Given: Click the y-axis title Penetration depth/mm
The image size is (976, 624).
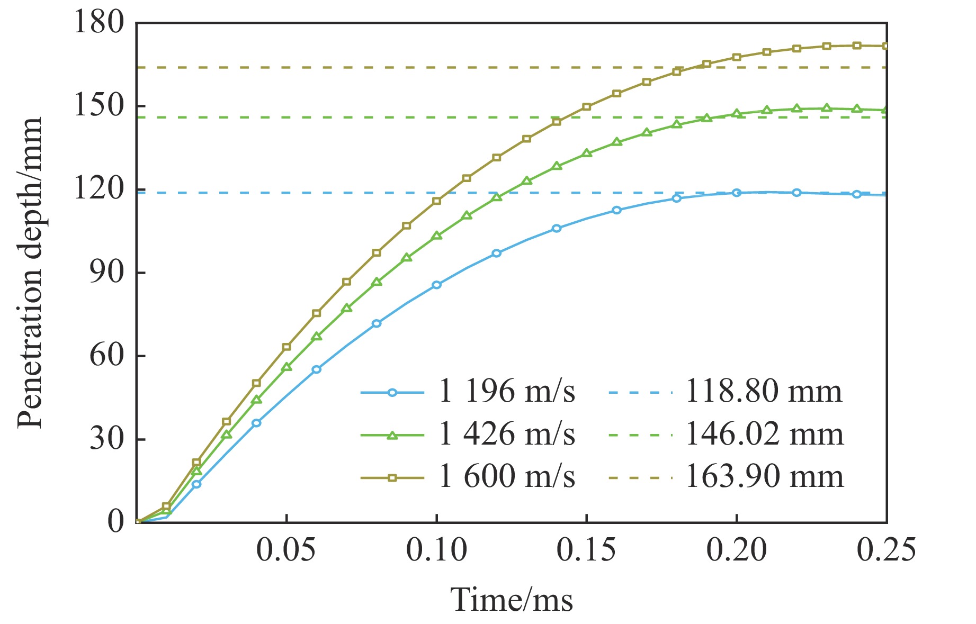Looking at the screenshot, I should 30,273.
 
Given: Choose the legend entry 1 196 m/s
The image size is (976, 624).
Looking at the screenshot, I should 506,392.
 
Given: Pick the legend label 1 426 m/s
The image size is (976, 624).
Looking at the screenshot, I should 506,435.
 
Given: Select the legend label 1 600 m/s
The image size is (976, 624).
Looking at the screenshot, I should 506,476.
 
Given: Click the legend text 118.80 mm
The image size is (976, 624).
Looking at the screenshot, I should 763,392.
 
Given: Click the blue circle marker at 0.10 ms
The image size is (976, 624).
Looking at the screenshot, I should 436,285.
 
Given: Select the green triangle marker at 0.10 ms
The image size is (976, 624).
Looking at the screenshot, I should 436,236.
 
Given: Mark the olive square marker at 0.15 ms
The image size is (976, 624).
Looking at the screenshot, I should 586,107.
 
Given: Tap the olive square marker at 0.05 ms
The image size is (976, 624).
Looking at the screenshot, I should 286,347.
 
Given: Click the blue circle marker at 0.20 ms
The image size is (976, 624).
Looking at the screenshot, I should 736,193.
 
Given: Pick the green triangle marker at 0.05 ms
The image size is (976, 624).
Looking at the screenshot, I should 286,367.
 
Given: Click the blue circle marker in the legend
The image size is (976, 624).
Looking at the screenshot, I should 392,393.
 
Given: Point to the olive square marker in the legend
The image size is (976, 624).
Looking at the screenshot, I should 392,477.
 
